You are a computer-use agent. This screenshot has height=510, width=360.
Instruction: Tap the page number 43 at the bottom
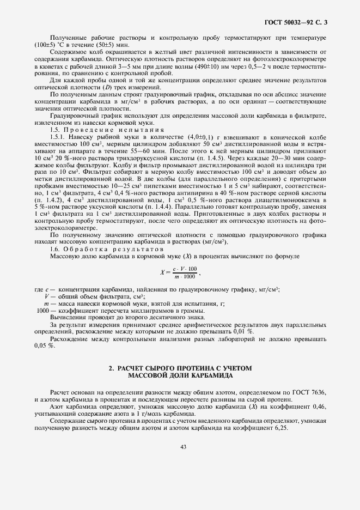pyautogui.click(x=183, y=447)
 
